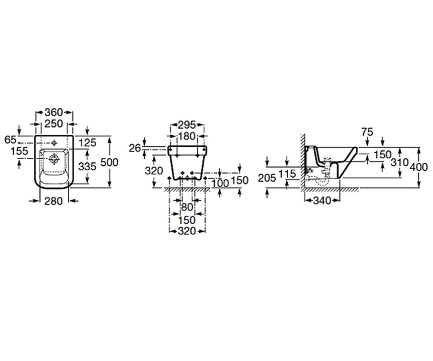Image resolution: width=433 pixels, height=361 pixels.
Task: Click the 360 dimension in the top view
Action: click(54, 112)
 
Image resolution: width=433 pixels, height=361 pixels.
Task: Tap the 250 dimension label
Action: click(54, 124)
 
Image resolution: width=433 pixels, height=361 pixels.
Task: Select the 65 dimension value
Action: click(10, 140)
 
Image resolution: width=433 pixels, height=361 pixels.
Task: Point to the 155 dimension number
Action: click(19, 151)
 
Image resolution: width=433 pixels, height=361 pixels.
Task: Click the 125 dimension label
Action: click(88, 143)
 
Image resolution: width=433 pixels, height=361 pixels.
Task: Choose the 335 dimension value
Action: click(87, 166)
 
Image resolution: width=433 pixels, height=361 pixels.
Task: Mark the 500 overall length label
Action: click(109, 162)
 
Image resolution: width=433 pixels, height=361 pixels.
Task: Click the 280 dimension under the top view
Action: click(53, 201)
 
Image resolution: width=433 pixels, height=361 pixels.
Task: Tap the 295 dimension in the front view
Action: click(187, 125)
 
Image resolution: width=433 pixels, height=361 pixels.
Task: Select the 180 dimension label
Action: click(187, 136)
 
